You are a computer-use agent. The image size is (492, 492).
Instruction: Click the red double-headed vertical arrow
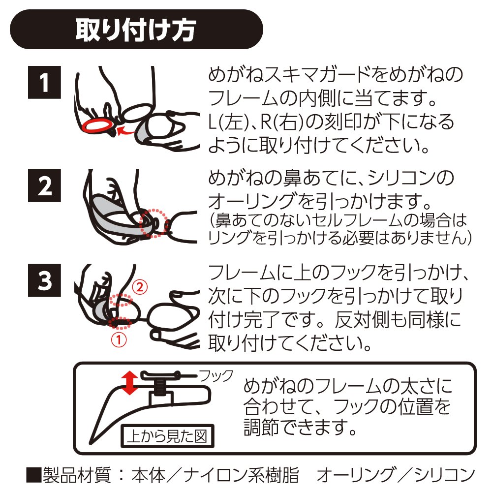129,383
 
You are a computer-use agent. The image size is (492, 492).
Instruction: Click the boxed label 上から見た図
168,436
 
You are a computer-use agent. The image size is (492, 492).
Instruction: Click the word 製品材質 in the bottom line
76,476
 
